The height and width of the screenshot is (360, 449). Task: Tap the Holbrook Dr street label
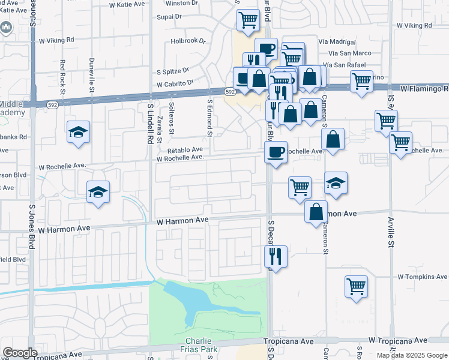pyautogui.click(x=188, y=42)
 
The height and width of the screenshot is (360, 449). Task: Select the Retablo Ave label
pyautogui.click(x=185, y=150)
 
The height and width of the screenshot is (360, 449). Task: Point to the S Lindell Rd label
pyautogui.click(x=151, y=124)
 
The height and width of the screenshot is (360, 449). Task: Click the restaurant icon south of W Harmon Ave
pyautogui.click(x=276, y=256)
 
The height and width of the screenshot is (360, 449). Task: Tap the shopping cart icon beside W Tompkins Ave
pyautogui.click(x=357, y=286)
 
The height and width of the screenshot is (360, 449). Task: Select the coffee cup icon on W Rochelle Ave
pyautogui.click(x=276, y=152)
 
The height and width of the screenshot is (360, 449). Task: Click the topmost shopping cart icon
pyautogui.click(x=247, y=20)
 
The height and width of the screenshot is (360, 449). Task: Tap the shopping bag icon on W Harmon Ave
pyautogui.click(x=316, y=211)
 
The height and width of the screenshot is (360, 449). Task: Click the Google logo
pyautogui.click(x=20, y=353)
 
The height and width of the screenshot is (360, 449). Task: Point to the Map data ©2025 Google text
pyautogui.click(x=411, y=355)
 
